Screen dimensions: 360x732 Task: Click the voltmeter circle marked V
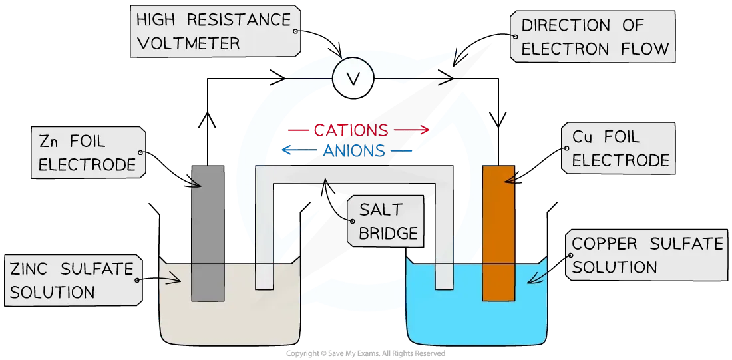click(x=353, y=79)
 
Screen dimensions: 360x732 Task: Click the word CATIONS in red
click(x=351, y=130)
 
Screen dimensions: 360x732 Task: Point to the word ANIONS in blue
click(x=354, y=151)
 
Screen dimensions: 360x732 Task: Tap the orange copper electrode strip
click(x=498, y=233)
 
